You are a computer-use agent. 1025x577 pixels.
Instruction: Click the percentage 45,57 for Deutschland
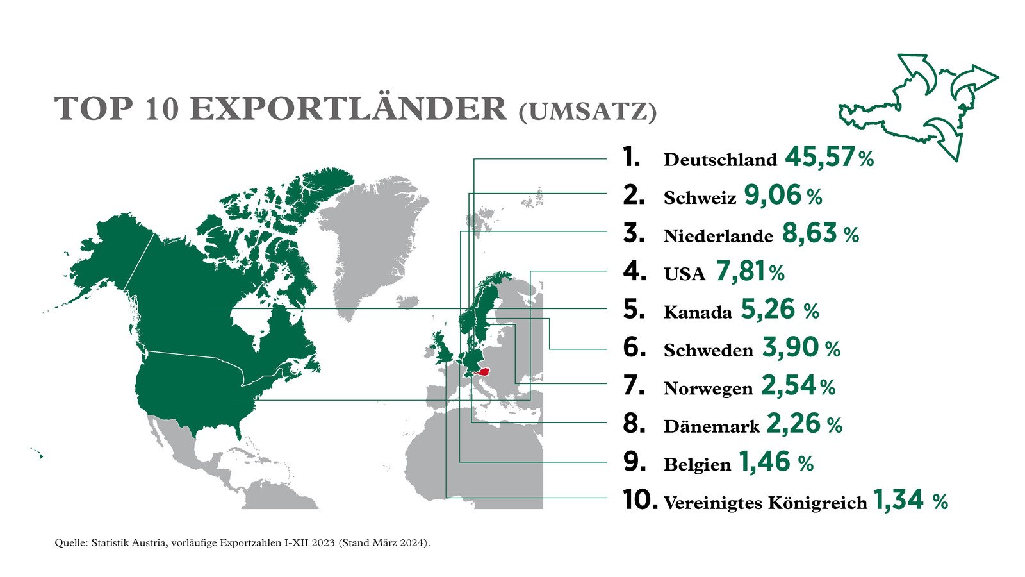coord(820,158)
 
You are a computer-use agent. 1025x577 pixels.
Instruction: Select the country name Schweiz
coord(700,198)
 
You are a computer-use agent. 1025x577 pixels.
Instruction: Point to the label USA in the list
coord(684,274)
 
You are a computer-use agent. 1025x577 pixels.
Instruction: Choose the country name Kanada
coord(698,312)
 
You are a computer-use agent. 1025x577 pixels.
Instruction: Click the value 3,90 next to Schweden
coord(791,348)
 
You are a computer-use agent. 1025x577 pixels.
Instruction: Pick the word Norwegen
coord(708,389)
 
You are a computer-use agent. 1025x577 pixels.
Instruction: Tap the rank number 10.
coord(639,500)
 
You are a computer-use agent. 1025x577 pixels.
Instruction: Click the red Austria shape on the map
coord(484,371)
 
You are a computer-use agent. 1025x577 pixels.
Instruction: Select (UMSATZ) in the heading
coord(587,111)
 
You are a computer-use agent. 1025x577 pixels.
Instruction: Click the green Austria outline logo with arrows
coord(916,106)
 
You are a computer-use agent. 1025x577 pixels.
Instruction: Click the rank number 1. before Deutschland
coord(632,158)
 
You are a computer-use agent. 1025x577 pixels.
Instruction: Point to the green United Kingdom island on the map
coord(442,349)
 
